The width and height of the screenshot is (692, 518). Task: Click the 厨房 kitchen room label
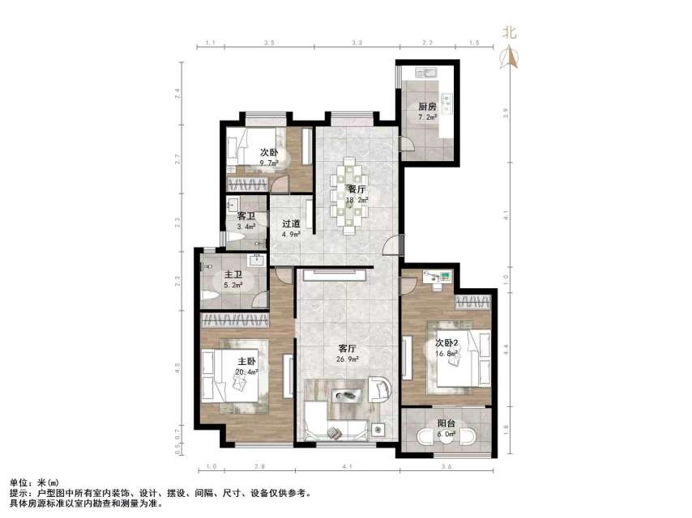pyautogui.click(x=427, y=106)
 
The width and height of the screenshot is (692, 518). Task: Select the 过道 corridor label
pyautogui.click(x=291, y=224)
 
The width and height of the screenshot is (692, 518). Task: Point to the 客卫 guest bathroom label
pyautogui.click(x=246, y=216)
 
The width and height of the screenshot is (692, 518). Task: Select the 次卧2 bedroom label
pyautogui.click(x=449, y=341)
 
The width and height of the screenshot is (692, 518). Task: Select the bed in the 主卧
pyautogui.click(x=235, y=376)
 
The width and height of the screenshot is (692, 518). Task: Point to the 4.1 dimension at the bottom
pyautogui.click(x=347, y=467)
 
